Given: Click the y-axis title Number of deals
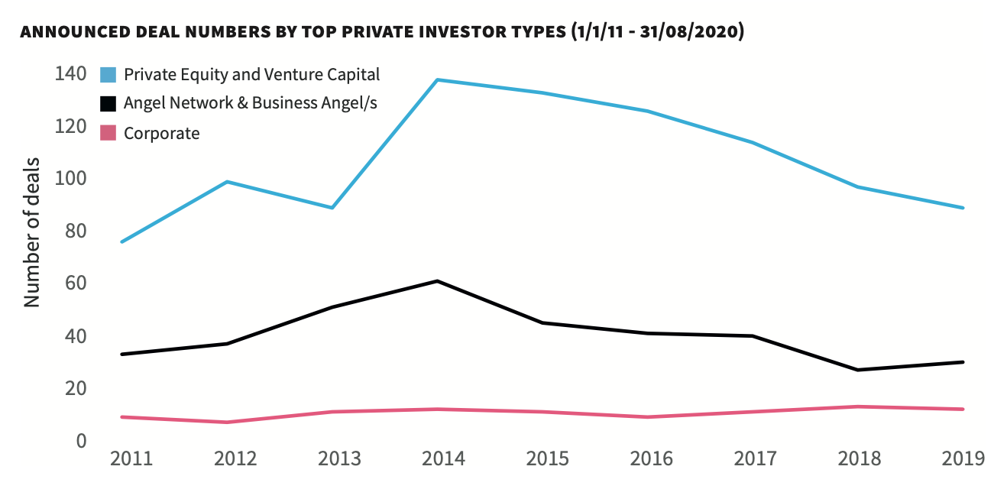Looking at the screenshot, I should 31,232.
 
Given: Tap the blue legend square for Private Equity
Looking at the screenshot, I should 108,74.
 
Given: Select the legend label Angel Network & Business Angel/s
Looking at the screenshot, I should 250,103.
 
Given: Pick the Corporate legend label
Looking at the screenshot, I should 161,133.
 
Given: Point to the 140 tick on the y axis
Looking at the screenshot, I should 70,74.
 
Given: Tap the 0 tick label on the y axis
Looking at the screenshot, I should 79,441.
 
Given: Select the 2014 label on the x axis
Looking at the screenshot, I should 444,459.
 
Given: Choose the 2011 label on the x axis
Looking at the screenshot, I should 131,459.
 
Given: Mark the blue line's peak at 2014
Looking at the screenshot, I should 437,79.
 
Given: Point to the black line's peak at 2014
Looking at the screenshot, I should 437,281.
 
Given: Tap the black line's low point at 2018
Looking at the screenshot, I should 859,370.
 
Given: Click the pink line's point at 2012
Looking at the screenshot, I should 228,423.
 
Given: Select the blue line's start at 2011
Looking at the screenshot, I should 122,241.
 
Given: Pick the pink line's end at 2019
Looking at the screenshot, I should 963,410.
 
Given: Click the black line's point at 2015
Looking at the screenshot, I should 542,322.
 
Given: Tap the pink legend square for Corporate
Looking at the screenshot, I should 108,133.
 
